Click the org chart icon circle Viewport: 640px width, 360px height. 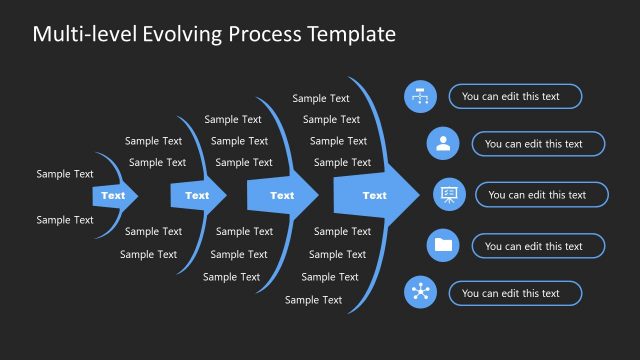pos(420,97)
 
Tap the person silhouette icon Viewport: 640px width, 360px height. pos(443,144)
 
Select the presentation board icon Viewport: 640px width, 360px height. pos(447,195)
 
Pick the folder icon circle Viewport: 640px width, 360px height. pos(443,245)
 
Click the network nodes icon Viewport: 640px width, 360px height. pos(420,293)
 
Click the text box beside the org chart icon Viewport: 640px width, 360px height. pos(515,97)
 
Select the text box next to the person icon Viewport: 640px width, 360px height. pos(538,144)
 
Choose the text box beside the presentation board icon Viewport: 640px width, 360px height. pos(541,195)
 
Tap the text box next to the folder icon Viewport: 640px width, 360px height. pos(538,246)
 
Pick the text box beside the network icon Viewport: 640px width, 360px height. pos(515,293)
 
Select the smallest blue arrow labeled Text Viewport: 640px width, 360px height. pos(113,196)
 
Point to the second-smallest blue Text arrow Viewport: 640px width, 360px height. pos(196,196)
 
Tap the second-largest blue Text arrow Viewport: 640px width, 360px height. pos(282,195)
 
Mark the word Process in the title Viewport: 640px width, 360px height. pos(264,35)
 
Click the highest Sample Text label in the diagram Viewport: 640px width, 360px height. pos(321,98)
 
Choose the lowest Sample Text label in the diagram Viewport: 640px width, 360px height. pos(313,300)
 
